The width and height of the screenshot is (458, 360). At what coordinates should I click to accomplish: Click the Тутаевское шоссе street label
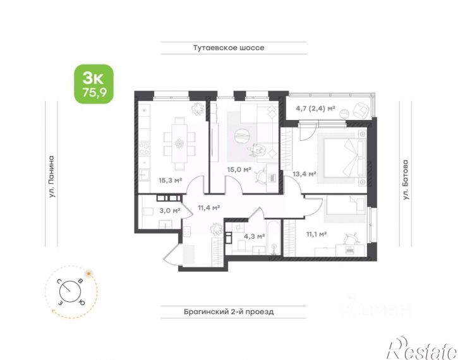[229, 48]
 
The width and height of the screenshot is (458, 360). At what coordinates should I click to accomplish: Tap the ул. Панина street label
[51, 177]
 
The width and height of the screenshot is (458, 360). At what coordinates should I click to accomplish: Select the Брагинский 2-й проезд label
[229, 312]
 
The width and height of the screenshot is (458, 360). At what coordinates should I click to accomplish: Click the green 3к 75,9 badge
[93, 84]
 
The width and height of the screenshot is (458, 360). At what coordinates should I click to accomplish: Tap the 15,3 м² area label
[171, 181]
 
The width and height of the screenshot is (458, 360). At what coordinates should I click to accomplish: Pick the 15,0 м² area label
[239, 169]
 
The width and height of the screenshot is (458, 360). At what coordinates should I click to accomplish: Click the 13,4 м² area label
[304, 174]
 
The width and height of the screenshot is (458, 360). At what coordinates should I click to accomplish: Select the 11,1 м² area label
[316, 234]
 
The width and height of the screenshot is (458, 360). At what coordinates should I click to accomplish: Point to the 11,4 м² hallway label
[209, 208]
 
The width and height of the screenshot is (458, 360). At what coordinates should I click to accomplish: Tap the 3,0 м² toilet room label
[170, 210]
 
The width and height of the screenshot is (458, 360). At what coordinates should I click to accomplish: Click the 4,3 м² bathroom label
[255, 236]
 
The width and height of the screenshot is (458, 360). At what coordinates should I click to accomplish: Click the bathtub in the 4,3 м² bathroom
[274, 238]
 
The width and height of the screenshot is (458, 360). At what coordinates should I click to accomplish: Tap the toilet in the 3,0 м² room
[148, 212]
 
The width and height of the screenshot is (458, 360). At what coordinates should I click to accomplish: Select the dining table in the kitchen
[179, 143]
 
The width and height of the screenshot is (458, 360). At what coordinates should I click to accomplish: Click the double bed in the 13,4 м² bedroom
[344, 158]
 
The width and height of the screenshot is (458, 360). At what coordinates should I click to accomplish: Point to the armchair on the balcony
[361, 110]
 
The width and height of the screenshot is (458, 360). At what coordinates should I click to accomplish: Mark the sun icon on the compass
[88, 273]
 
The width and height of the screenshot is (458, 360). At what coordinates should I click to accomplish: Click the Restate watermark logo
[421, 349]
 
